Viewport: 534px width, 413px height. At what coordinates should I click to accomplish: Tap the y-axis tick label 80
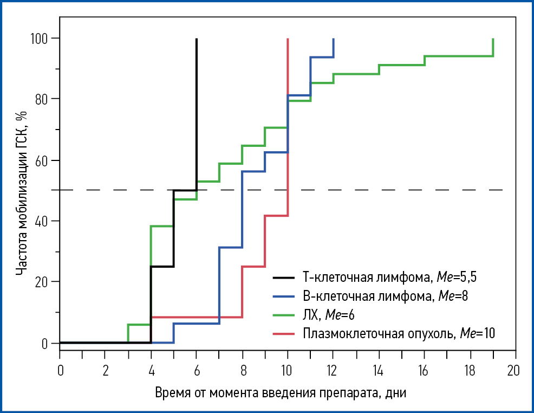[43, 99]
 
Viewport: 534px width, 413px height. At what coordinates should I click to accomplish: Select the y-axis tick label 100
[41, 38]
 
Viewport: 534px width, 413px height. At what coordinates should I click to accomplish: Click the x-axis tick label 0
[60, 370]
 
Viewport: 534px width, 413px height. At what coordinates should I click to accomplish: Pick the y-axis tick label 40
[43, 221]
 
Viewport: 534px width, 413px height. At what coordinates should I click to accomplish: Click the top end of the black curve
[196, 39]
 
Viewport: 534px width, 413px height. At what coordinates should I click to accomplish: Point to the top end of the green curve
[493, 39]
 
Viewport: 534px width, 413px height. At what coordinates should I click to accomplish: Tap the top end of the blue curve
[333, 39]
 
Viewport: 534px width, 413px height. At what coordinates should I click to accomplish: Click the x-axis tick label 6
[196, 370]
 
